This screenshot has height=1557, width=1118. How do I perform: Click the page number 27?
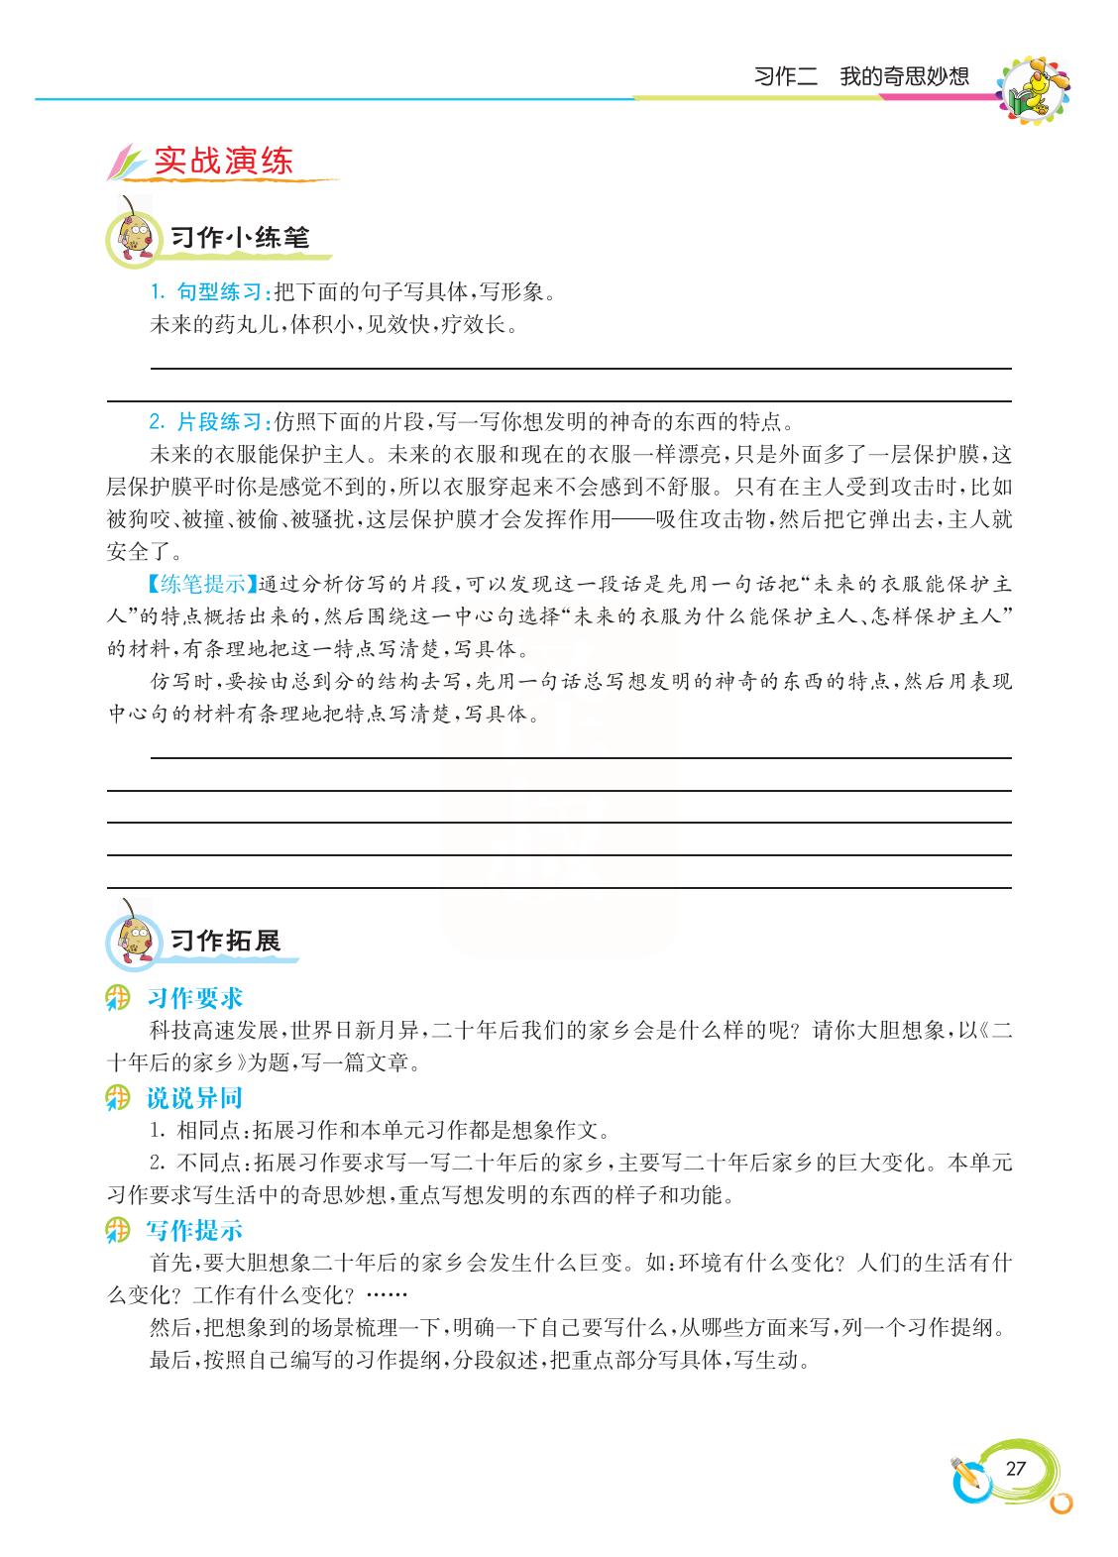(x=1015, y=1469)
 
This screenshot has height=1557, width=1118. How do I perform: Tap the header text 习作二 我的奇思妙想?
(x=860, y=76)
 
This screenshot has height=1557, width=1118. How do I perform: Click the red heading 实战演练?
(x=224, y=163)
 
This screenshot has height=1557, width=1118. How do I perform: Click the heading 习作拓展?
(x=226, y=941)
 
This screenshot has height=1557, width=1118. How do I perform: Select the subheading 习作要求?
(x=194, y=998)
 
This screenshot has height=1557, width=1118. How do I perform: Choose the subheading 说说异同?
(x=194, y=1098)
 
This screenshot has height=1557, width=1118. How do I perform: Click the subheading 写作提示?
(x=194, y=1231)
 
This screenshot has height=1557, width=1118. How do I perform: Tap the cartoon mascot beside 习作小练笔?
(x=134, y=237)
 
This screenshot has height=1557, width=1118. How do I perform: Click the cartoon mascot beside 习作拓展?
(x=134, y=938)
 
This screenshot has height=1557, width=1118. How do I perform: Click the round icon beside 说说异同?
(x=119, y=1098)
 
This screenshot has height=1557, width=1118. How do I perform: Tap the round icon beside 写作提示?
(x=119, y=1232)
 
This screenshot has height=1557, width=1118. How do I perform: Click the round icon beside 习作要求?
(x=119, y=998)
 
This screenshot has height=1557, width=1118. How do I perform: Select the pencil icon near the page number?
(x=965, y=1476)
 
